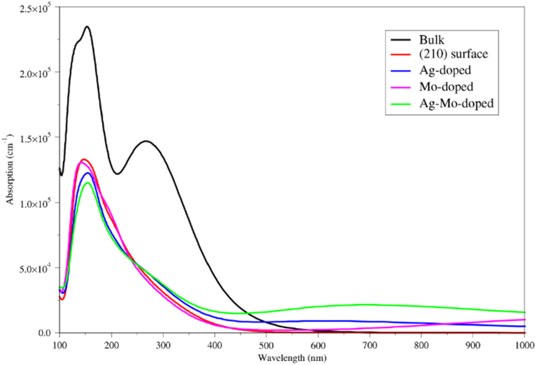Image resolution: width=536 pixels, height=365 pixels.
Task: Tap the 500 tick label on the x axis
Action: pos(266,346)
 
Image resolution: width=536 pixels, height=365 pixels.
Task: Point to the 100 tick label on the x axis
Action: pos(59,346)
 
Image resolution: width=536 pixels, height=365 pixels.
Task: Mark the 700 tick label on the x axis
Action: pos(369,346)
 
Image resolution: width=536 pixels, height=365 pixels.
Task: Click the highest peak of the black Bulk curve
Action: pos(87,27)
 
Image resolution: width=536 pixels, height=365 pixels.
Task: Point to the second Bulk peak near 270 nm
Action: pos(146,141)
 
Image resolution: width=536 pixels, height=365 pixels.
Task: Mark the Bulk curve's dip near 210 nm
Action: pos(117,174)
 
